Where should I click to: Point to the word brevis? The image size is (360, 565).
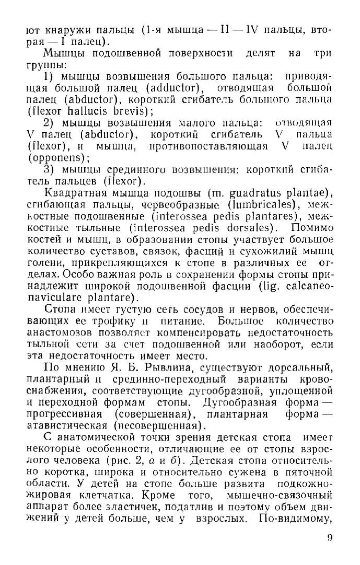[x=131, y=111]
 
